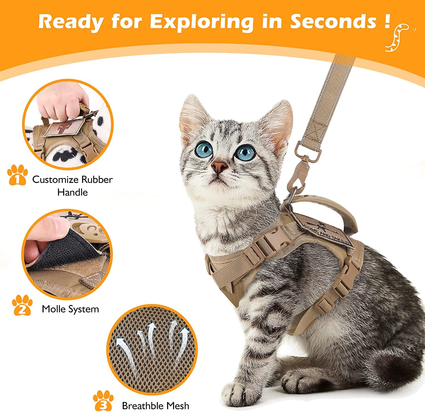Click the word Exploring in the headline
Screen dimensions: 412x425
tap(201, 22)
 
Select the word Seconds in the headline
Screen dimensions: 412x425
tap(333, 22)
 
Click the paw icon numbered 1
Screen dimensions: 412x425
tap(18, 175)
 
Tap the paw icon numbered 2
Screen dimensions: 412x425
tap(22, 305)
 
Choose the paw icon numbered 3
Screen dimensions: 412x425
tap(103, 400)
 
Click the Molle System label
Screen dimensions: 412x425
tap(70, 309)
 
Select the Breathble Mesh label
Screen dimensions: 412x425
tap(155, 406)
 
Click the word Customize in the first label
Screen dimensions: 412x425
tap(56, 179)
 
